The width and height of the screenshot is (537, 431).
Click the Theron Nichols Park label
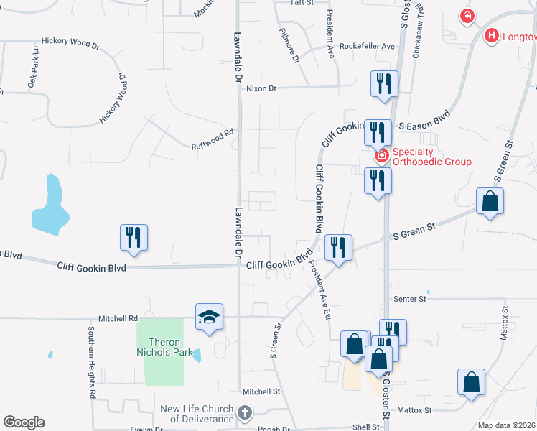pyautogui.click(x=163, y=346)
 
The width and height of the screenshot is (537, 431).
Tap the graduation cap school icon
pyautogui.click(x=209, y=317)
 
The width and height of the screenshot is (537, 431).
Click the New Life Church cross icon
pyautogui.click(x=245, y=413)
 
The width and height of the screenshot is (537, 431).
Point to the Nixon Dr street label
pyautogui.click(x=261, y=88)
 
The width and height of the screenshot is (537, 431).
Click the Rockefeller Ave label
pyautogui.click(x=368, y=46)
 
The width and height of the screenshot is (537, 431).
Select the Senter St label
pyautogui.click(x=409, y=297)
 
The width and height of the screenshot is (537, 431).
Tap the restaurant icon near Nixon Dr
pyautogui.click(x=383, y=83)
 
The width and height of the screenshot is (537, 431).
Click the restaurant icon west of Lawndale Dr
pyautogui.click(x=134, y=237)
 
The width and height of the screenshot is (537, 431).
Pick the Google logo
pyautogui.click(x=24, y=422)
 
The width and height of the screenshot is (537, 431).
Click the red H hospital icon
pyautogui.click(x=492, y=35)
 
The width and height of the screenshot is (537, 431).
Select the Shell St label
pyautogui.click(x=366, y=427)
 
